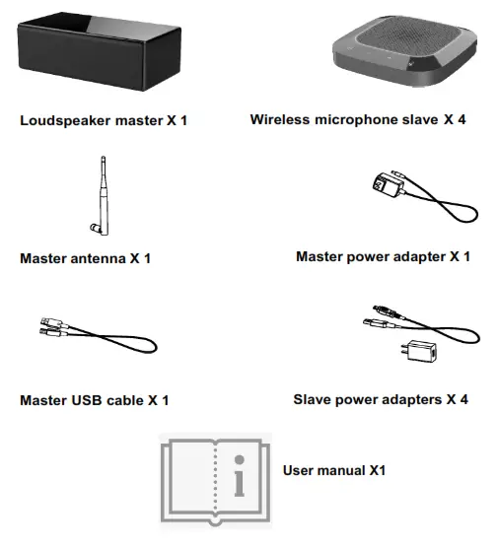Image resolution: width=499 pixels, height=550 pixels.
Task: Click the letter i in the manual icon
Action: [238, 480]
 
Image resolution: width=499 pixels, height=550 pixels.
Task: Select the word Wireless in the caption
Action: [282, 119]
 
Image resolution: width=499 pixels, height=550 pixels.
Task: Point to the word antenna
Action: [103, 259]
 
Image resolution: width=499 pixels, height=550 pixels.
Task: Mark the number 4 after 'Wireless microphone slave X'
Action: [474, 119]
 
